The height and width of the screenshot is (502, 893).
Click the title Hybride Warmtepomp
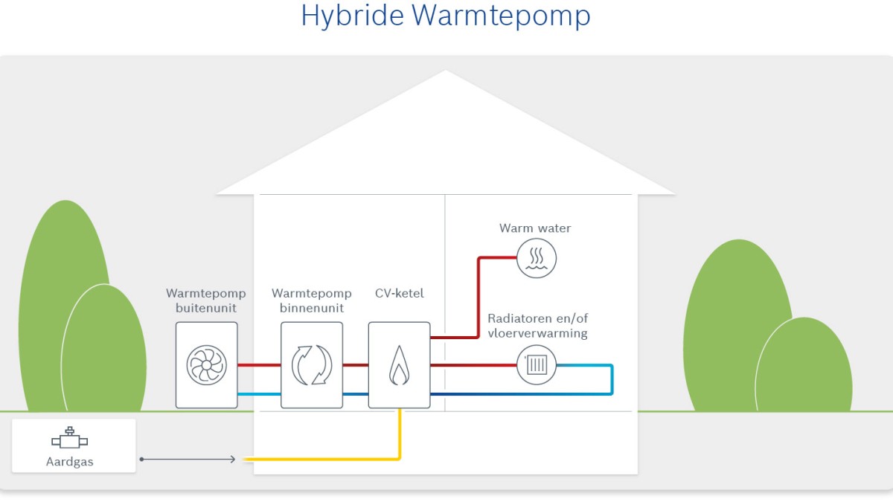(445, 16)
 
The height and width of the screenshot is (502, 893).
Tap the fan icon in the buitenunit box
(207, 364)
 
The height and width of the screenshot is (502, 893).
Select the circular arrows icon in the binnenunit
(312, 364)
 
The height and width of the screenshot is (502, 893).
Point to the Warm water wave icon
(536, 258)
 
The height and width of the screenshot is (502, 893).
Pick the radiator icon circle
(537, 365)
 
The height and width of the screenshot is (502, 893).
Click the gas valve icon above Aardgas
(71, 439)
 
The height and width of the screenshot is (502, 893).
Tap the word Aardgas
(70, 462)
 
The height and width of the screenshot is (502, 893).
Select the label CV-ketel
(400, 293)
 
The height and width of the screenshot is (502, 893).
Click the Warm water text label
(535, 228)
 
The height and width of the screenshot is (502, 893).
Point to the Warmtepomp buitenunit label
(206, 300)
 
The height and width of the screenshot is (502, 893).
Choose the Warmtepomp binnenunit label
(312, 300)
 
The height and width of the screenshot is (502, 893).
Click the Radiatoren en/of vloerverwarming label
(538, 326)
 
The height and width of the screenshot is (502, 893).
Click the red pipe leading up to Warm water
(478, 297)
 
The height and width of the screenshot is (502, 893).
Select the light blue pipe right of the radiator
(611, 379)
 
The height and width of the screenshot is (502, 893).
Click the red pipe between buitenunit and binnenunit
(259, 365)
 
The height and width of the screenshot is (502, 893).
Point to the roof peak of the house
(445, 73)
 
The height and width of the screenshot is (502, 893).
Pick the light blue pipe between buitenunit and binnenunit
(259, 393)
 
